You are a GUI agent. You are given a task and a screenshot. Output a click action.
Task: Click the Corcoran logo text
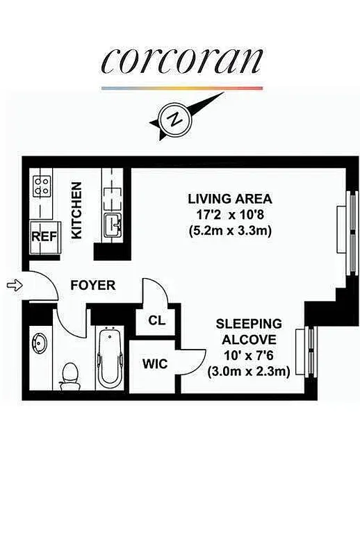pos(181,60)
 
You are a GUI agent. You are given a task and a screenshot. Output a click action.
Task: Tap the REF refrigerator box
pos(42,236)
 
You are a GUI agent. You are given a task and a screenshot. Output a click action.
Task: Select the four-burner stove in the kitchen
pos(42,186)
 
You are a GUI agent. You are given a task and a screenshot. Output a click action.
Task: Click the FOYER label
pos(92,286)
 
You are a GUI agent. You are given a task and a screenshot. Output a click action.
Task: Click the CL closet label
pos(157,320)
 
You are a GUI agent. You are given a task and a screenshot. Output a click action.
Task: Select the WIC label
pos(154,363)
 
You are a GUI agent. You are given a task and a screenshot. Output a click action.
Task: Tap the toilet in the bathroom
pos(69,375)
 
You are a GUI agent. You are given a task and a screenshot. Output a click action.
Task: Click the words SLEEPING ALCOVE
pos(248,332)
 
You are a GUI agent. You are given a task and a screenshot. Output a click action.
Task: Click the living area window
pos(343,229)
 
